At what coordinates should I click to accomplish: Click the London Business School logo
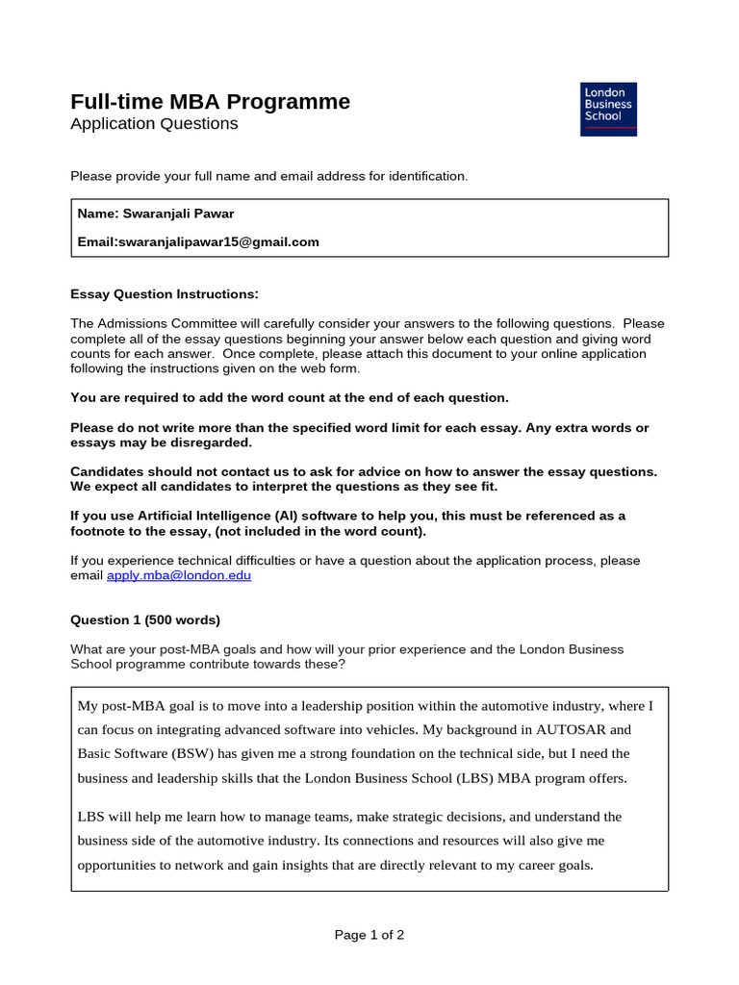pos(608,109)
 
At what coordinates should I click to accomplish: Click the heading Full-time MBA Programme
pos(211,102)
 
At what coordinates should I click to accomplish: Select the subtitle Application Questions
pos(154,124)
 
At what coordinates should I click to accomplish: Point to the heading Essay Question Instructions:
pos(165,294)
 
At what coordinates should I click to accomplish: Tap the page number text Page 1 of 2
pos(369,935)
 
